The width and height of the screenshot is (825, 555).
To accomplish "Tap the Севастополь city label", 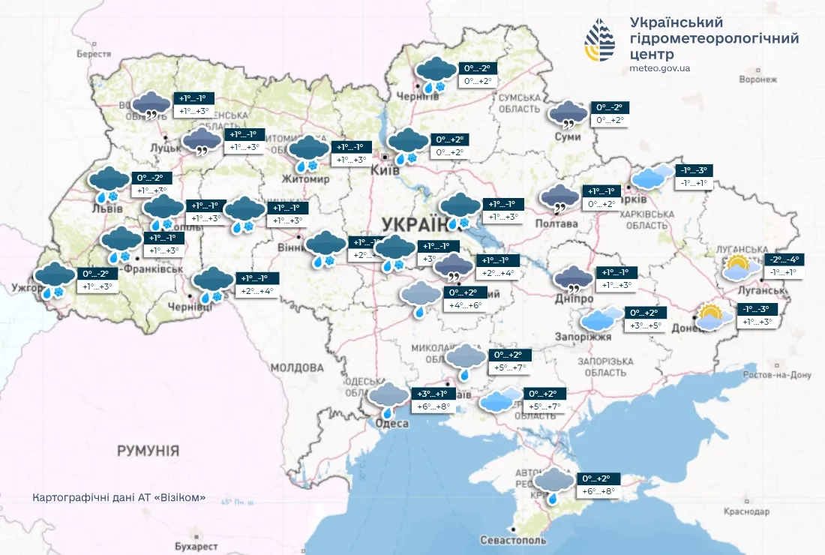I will tap(511, 541).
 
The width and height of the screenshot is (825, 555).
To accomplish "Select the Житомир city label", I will tap(305, 180).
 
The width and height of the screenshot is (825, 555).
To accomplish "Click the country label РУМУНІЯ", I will tap(148, 451).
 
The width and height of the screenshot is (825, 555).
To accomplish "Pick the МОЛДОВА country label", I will tap(296, 367).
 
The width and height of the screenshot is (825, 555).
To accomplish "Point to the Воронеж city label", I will tap(757, 79).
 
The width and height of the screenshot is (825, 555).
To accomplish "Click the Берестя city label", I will tap(94, 54).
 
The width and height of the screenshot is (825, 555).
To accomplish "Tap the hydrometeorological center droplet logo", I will tap(600, 41).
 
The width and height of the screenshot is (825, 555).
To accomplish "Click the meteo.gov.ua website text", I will tap(661, 69).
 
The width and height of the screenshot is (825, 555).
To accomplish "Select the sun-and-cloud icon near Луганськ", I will tap(737, 268).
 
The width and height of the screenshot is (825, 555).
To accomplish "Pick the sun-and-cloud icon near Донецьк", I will tap(713, 317).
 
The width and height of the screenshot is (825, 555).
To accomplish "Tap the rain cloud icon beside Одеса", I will tap(388, 398).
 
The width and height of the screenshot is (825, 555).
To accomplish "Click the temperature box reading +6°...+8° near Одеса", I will tap(433, 406).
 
